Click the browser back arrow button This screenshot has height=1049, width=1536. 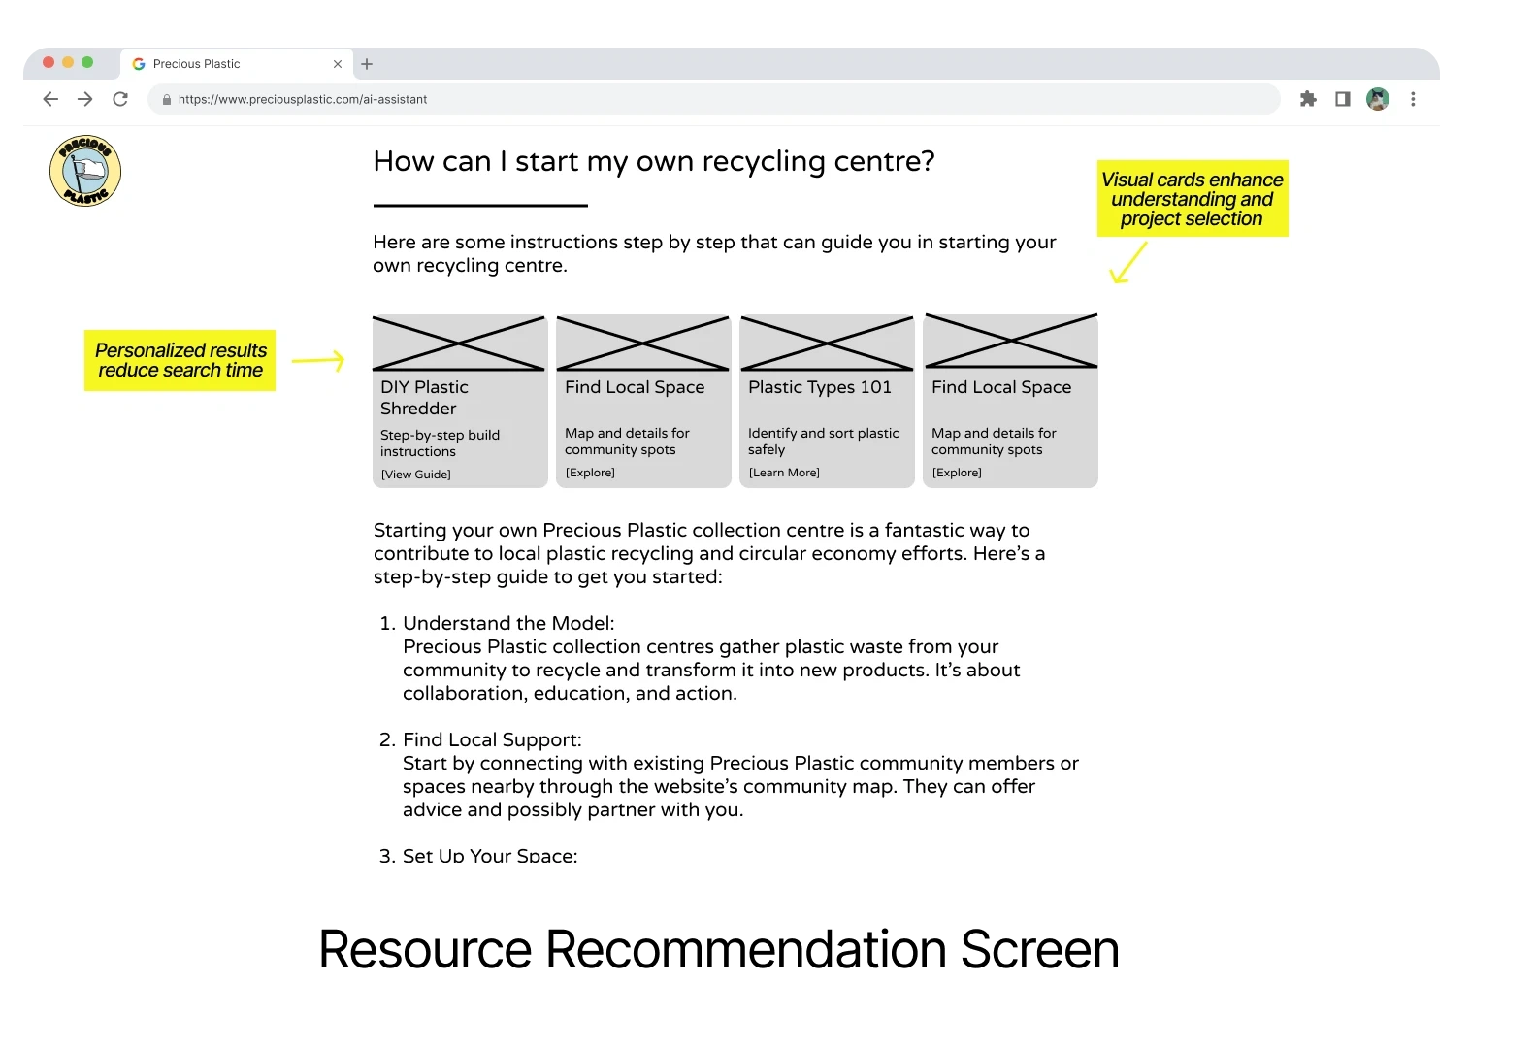50,99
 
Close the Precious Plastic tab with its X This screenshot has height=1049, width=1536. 338,64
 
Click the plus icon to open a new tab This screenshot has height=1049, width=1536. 367,64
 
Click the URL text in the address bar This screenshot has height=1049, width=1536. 303,99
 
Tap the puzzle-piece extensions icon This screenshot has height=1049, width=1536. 1308,99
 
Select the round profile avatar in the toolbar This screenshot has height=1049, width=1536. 1378,99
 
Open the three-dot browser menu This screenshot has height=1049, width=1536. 1413,99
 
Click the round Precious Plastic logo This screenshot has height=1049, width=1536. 85,171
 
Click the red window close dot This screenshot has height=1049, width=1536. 49,62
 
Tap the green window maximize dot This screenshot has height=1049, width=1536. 87,62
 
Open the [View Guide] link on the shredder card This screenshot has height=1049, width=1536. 415,475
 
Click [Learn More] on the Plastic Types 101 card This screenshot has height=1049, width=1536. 784,473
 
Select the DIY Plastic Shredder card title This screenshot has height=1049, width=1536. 424,398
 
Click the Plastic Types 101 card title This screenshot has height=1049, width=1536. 820,387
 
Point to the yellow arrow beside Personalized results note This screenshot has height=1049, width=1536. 318,360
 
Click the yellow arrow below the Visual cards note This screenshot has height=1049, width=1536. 1127,263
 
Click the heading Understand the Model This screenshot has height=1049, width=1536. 508,623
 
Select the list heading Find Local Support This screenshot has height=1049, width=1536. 492,739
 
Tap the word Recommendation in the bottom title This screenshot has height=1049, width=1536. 745,950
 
